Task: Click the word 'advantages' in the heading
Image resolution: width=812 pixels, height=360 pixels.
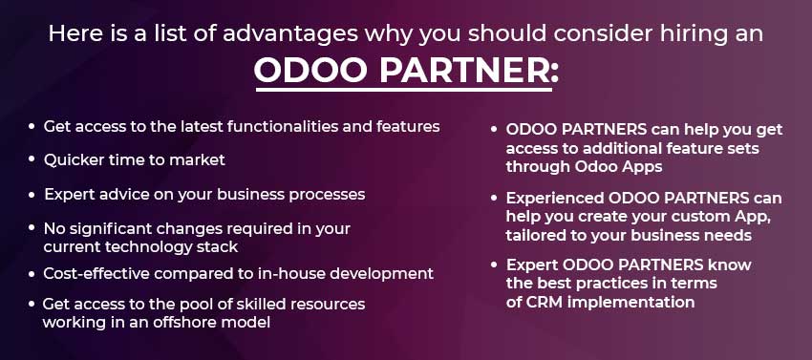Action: (290, 34)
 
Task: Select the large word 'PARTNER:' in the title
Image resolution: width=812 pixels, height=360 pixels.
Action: (469, 70)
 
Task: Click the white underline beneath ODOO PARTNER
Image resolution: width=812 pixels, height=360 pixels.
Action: (404, 90)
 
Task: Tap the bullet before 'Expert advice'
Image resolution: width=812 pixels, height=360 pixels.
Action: (32, 196)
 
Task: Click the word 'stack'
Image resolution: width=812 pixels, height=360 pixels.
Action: (219, 246)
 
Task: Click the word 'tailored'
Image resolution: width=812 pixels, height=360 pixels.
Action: (529, 235)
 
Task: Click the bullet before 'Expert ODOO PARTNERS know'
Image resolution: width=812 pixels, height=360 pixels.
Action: (495, 265)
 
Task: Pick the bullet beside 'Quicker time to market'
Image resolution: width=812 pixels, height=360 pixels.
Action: (32, 159)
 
